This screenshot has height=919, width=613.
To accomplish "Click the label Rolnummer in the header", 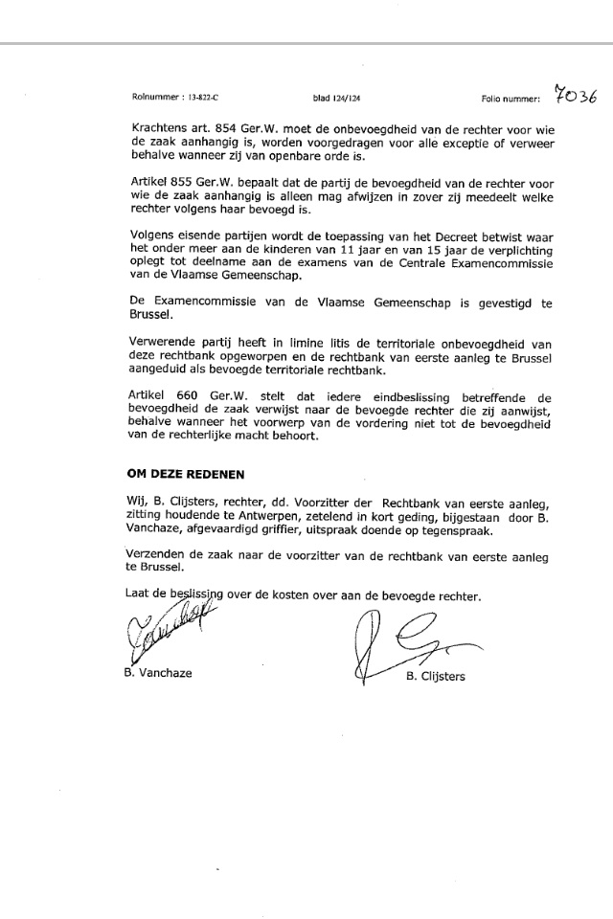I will click(x=151, y=97).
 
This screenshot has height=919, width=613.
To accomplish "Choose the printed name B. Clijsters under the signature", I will click(x=436, y=677).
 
